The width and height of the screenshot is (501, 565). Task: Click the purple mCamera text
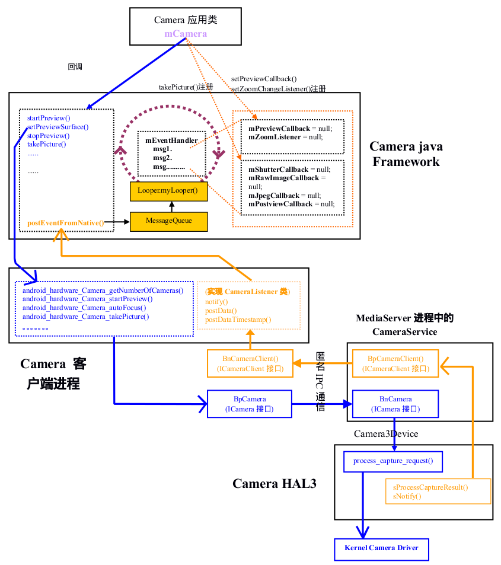pos(186,34)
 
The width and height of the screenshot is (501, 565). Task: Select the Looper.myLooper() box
pos(168,191)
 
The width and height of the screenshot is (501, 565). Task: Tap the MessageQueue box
pos(169,221)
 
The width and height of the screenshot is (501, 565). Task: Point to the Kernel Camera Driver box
pos(381,548)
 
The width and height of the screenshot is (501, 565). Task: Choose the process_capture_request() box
pos(393,461)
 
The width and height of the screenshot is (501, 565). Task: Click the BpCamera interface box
pos(250,404)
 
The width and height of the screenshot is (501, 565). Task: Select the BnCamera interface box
pos(395,404)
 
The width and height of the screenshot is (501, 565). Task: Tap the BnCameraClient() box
pos(250,363)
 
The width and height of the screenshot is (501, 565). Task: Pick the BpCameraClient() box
pos(395,363)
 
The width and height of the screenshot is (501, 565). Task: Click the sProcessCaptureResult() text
pos(430,487)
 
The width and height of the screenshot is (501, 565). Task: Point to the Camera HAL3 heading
pos(274,484)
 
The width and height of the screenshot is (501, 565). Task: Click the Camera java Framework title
pos(406,154)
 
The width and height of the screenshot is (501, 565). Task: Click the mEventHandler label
pos(171,141)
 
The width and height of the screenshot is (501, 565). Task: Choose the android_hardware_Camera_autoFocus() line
pos(84,308)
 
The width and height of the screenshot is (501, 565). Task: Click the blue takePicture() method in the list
pos(47,144)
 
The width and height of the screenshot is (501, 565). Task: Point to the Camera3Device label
pos(386,434)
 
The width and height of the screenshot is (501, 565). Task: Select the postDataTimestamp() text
pos(238,320)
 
